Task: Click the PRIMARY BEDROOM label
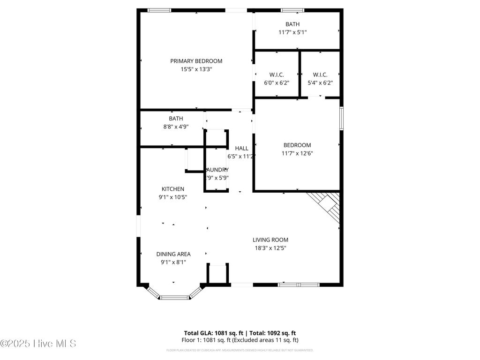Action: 196,61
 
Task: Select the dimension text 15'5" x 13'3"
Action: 196,69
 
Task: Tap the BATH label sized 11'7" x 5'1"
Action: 292,24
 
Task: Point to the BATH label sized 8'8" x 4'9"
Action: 176,119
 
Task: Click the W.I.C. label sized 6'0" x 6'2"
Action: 277,75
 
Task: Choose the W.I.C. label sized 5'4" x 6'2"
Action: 320,75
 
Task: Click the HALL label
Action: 241,148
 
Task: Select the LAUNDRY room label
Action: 217,170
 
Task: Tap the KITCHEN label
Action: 173,189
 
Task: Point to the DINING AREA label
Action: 173,254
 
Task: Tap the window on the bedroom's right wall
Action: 341,118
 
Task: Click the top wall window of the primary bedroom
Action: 159,10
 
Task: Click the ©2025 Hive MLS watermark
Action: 38,344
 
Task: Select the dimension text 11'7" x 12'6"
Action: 297,153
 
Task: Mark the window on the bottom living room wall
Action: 299,284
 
